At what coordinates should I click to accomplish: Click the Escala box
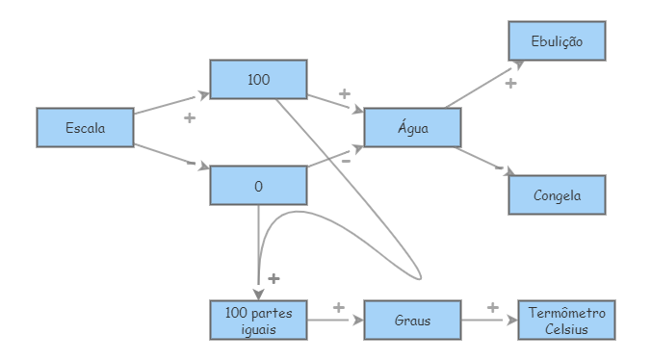(x=85, y=127)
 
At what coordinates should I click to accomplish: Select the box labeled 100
(x=258, y=79)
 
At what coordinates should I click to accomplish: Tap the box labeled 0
(x=258, y=186)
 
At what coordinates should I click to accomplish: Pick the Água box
(x=412, y=127)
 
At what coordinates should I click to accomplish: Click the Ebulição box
(x=557, y=41)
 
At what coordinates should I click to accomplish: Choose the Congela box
(x=557, y=195)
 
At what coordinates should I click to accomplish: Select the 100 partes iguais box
(x=258, y=320)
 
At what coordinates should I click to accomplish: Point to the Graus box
(x=412, y=320)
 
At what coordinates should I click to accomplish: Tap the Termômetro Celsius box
(x=566, y=320)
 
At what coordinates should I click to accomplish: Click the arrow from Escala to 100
(x=171, y=104)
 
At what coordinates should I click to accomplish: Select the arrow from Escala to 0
(x=171, y=154)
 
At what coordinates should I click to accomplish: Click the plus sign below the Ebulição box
(x=510, y=85)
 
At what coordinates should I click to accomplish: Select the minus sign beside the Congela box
(x=499, y=167)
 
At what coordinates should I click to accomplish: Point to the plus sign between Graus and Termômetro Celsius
(x=492, y=307)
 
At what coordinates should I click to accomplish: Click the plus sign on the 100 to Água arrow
(x=344, y=93)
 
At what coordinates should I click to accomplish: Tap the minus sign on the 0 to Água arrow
(x=345, y=160)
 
